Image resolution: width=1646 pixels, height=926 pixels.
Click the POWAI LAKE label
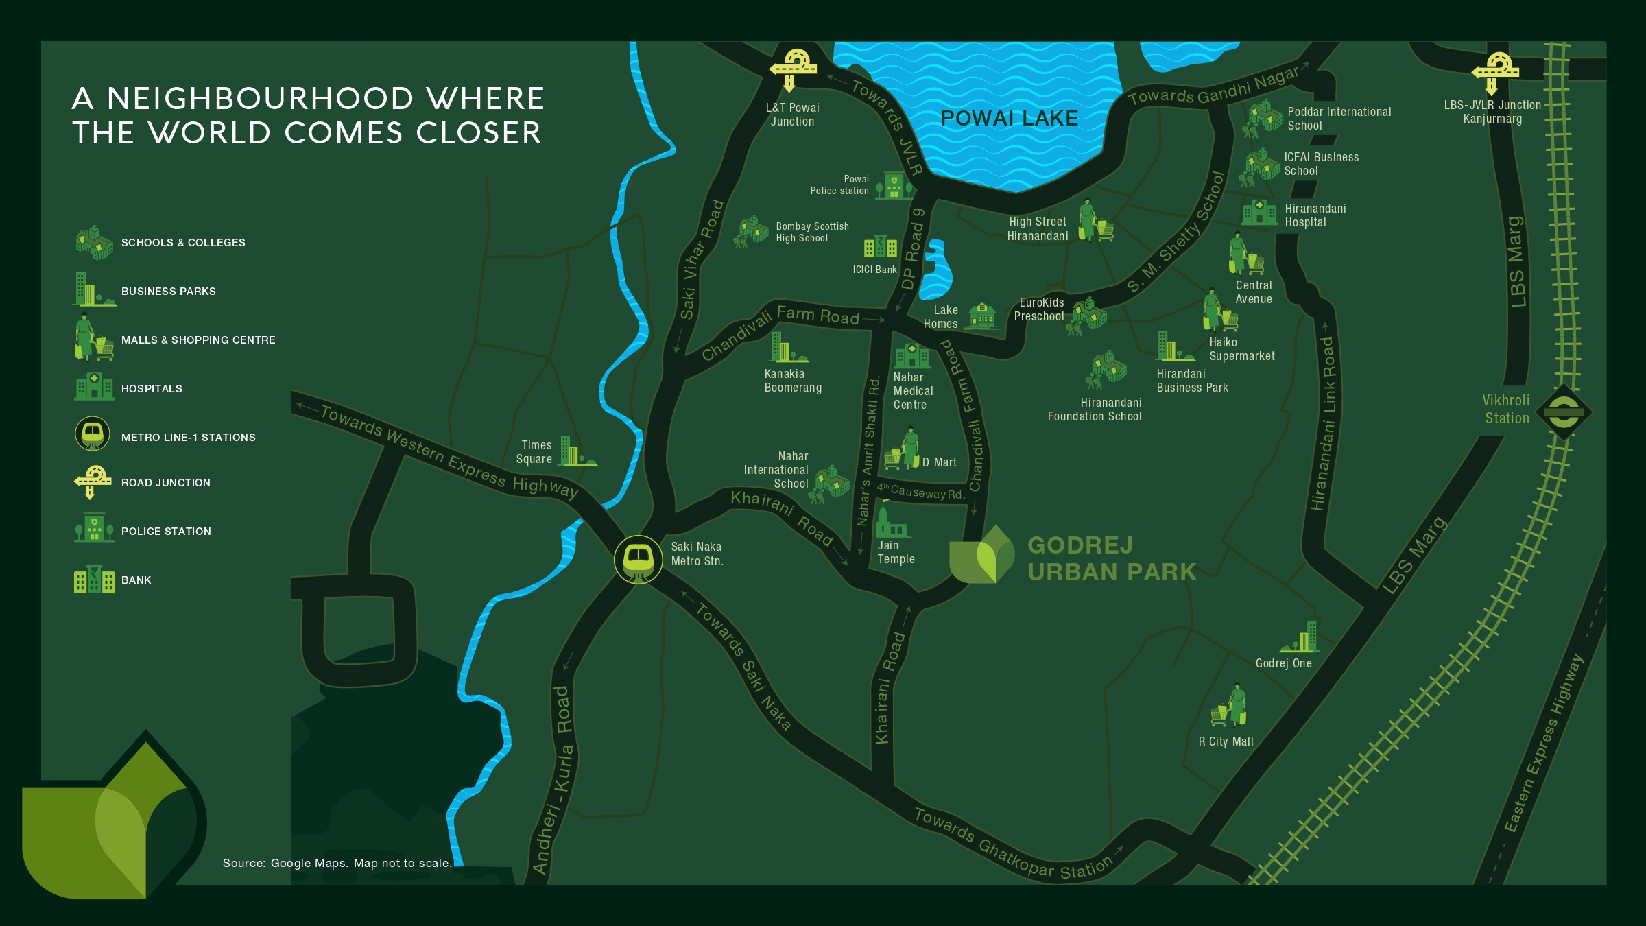coord(1009,119)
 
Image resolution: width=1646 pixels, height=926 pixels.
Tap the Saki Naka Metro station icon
coord(638,559)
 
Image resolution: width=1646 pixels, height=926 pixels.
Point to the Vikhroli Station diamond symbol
coord(1563,412)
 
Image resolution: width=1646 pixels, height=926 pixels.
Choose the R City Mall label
coord(1226,741)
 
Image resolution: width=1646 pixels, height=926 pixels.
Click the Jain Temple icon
coord(891,521)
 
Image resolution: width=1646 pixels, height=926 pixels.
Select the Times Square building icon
coord(576,452)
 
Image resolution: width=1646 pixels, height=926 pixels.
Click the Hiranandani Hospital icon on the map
coord(1259,212)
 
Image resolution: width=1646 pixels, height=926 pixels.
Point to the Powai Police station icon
coord(894,185)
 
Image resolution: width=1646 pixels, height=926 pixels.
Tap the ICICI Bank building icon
coord(881,248)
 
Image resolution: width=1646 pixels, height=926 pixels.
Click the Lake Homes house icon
coord(983,316)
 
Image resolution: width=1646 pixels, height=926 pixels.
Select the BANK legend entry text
coord(136,580)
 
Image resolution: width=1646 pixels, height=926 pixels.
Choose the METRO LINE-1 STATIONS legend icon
coord(92,434)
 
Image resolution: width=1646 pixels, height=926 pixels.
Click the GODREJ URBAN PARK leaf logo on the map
coord(981,555)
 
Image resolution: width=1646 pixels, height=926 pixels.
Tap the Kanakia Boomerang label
coord(793,381)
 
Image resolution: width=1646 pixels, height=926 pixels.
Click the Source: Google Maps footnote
coord(337,863)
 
